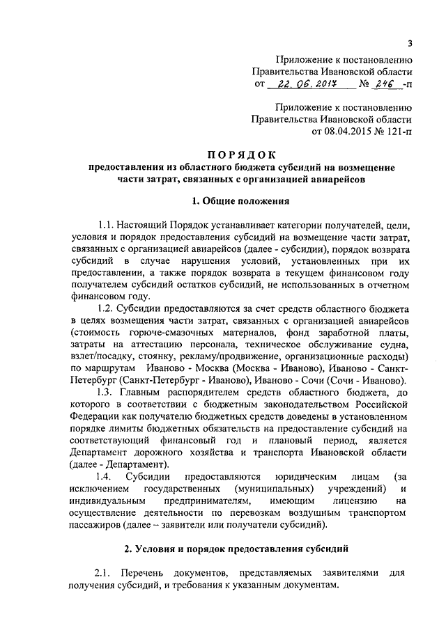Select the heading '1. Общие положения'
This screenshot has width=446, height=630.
[240, 202]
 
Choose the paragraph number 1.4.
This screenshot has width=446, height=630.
[102, 476]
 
